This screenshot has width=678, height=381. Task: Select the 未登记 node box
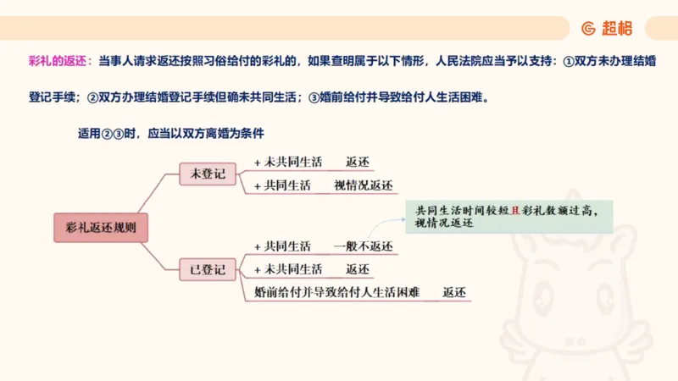[x=208, y=174]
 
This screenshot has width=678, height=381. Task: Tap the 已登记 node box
[x=208, y=271]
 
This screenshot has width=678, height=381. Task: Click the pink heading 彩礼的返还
[x=57, y=62]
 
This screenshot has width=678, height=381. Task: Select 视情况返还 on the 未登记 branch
[x=364, y=185]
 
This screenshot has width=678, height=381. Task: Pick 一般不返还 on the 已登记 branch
[x=364, y=246]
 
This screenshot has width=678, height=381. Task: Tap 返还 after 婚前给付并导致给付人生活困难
[x=454, y=292]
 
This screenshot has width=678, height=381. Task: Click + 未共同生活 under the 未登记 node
[x=288, y=162]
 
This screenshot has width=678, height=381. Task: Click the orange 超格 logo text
[x=617, y=28]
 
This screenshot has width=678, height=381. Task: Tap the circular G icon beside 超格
[x=588, y=28]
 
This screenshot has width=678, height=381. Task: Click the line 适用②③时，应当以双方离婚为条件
[x=170, y=133]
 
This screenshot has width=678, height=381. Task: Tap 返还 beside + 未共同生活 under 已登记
[x=358, y=269]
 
